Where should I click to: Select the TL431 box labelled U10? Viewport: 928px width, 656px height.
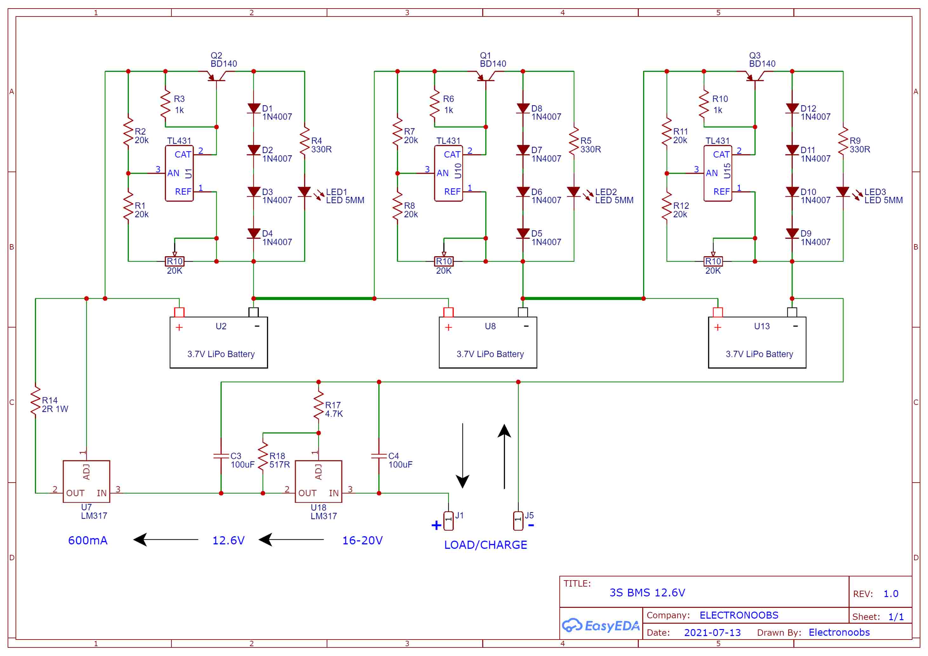(448, 173)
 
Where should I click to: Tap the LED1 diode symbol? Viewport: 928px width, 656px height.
(304, 192)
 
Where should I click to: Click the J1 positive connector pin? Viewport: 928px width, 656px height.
(448, 521)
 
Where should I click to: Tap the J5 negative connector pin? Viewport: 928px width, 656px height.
(518, 521)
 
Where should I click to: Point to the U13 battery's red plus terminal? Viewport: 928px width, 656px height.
(718, 312)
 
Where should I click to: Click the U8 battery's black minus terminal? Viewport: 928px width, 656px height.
(523, 312)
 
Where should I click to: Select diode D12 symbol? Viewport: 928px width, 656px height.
(792, 108)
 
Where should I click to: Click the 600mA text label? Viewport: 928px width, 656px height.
(88, 541)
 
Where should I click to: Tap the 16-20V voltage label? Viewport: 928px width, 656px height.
(362, 541)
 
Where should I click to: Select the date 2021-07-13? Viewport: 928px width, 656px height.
(712, 633)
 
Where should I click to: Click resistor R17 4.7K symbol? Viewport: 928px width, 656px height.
(319, 405)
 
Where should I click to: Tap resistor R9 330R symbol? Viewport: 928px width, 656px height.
(843, 141)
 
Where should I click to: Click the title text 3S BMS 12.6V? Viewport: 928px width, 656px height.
(647, 593)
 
